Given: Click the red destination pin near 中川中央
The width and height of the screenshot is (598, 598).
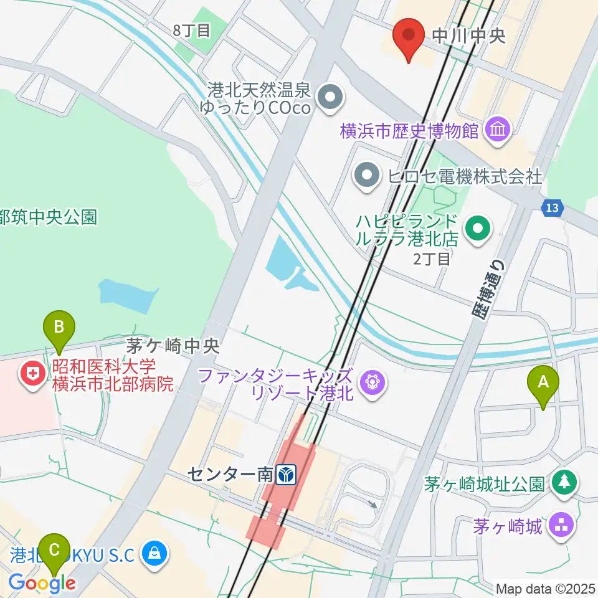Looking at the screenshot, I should (x=409, y=36).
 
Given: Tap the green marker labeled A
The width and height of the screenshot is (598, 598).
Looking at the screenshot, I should (x=543, y=384).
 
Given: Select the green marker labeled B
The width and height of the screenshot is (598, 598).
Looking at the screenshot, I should (x=59, y=328).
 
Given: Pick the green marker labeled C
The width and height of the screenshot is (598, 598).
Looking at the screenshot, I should (x=55, y=551).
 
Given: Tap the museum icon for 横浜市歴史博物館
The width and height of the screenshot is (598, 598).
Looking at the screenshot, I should (x=500, y=130).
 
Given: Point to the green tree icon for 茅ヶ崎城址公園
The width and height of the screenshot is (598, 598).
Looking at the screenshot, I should (x=564, y=482).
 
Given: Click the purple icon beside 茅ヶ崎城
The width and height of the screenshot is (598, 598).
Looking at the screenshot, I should (x=562, y=527).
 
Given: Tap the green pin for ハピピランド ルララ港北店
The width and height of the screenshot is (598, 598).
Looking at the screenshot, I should (x=478, y=229).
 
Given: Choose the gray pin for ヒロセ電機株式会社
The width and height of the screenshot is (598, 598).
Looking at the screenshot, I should (x=367, y=177).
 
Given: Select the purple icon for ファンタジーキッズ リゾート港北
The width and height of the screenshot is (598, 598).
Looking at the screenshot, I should (x=373, y=381).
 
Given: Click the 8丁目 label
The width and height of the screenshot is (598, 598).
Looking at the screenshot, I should (x=192, y=31).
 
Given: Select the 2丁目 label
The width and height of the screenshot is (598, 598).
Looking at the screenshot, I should (x=432, y=259).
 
